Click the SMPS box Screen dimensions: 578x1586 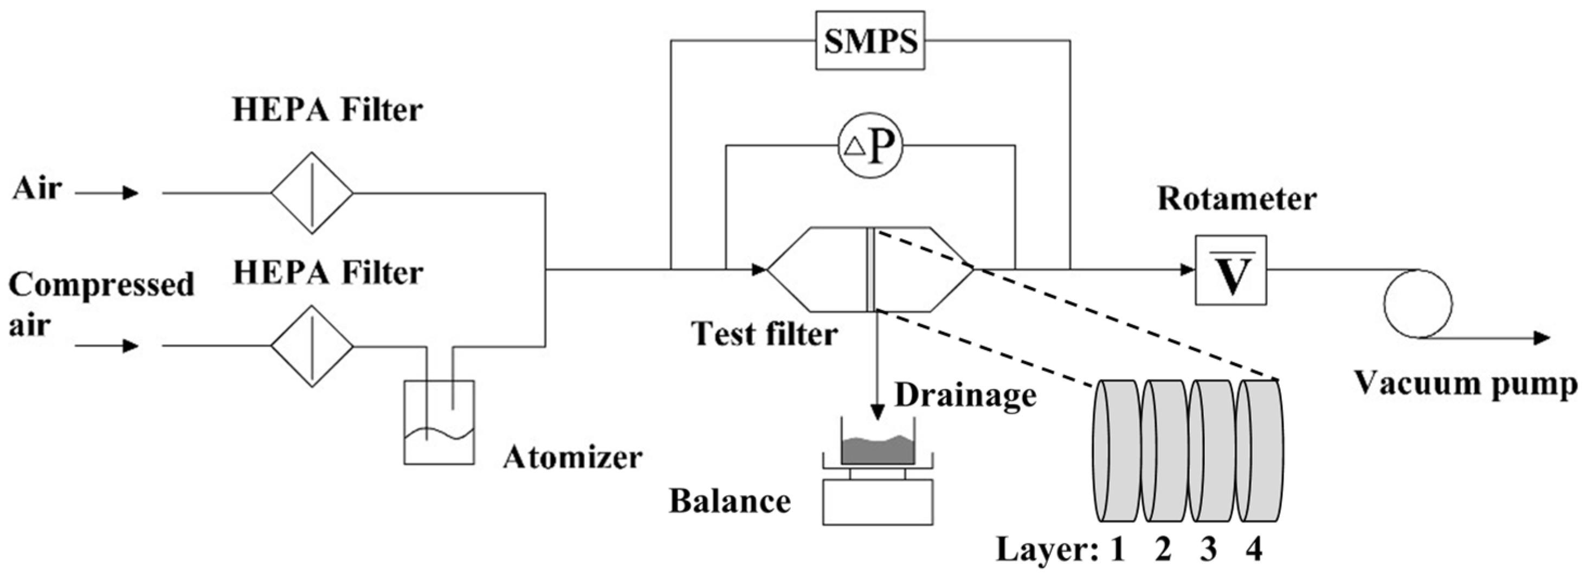(x=870, y=41)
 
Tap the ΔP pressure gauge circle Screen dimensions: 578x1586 (x=870, y=146)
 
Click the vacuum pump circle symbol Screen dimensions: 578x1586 (x=1417, y=303)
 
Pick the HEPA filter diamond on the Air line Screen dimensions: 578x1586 (x=312, y=193)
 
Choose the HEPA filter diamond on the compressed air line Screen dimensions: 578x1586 (x=312, y=346)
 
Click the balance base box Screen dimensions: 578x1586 (x=878, y=502)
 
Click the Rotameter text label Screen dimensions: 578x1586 (x=1236, y=199)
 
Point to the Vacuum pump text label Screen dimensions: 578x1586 (x=1465, y=383)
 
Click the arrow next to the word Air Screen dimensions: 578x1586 (x=108, y=193)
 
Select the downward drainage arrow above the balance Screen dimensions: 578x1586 (x=878, y=370)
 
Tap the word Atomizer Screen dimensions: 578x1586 (x=572, y=457)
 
